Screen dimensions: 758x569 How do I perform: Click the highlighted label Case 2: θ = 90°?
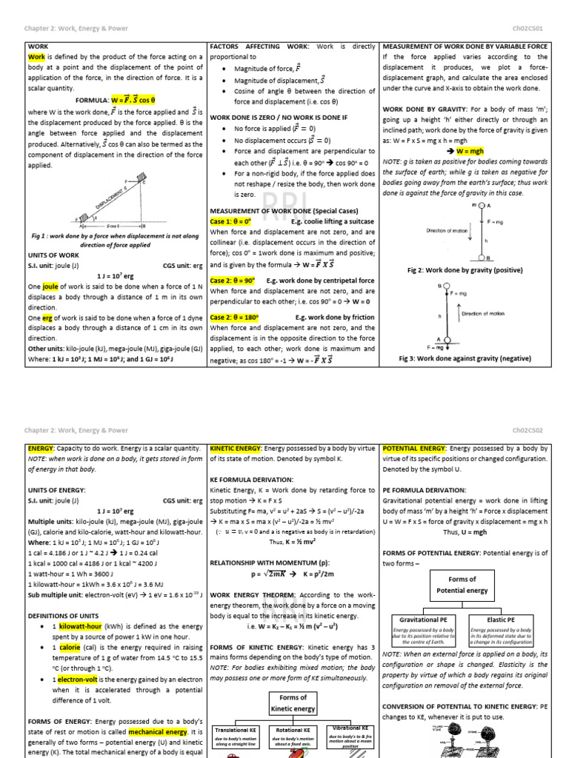(x=233, y=281)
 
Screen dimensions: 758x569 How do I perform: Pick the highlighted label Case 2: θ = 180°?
(x=235, y=317)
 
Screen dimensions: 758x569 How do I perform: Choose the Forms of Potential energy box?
(x=462, y=585)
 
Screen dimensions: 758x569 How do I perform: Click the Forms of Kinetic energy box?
(x=293, y=703)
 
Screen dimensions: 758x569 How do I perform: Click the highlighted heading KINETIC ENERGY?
(x=236, y=449)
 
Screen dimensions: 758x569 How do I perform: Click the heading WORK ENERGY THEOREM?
(x=256, y=594)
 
